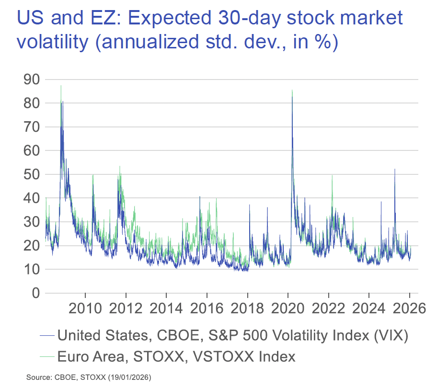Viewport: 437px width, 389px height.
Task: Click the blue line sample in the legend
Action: [46, 336]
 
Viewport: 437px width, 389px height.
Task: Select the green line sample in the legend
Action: [46, 356]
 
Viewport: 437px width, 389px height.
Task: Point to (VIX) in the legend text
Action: [389, 335]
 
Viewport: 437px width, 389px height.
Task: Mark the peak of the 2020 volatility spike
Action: [292, 90]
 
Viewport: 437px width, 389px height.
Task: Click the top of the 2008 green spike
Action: [61, 86]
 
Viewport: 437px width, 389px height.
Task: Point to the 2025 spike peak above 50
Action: [395, 169]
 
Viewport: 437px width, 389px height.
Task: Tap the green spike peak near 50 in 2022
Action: [332, 175]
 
